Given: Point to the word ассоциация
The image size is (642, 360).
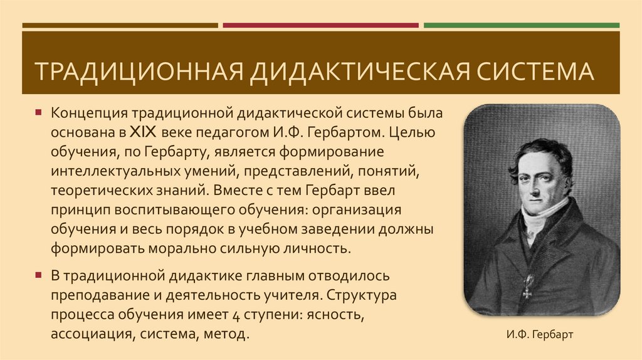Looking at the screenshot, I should tap(90, 333).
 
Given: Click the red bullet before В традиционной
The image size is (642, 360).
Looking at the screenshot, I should tap(38, 275).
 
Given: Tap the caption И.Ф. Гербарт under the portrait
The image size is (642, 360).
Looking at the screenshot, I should tap(540, 334).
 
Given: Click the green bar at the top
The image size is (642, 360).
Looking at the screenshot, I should tap(521, 25).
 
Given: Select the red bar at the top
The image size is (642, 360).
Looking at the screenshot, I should tap(320, 25).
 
